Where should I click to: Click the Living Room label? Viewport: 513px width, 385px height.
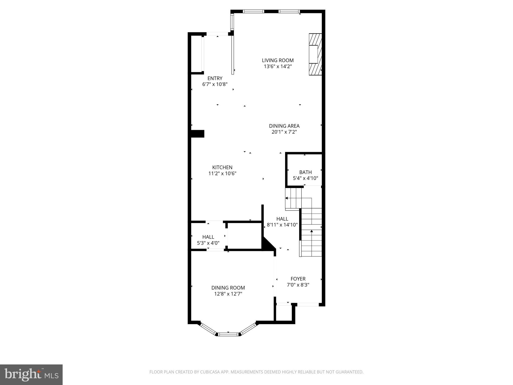pyautogui.click(x=278, y=60)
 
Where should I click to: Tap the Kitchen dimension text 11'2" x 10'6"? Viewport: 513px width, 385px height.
pyautogui.click(x=222, y=173)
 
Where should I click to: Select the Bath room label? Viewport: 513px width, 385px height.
pyautogui.click(x=305, y=172)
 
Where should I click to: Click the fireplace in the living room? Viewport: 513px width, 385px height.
pyautogui.click(x=315, y=54)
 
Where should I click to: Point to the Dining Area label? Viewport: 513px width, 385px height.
pyautogui.click(x=284, y=126)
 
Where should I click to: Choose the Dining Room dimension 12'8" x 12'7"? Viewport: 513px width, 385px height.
pyautogui.click(x=228, y=294)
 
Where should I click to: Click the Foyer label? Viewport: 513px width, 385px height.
pyautogui.click(x=298, y=279)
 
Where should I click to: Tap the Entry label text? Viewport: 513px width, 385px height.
pyautogui.click(x=215, y=78)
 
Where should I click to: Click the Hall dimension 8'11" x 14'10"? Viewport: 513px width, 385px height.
pyautogui.click(x=282, y=225)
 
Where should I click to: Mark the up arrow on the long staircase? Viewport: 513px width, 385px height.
pyautogui.click(x=312, y=231)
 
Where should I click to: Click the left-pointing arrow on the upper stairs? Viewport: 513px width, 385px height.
pyautogui.click(x=287, y=198)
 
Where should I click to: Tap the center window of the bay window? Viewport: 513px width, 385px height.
pyautogui.click(x=228, y=334)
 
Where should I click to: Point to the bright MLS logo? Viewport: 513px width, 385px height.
pyautogui.click(x=31, y=375)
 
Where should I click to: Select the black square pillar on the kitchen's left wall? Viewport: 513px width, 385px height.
pyautogui.click(x=198, y=134)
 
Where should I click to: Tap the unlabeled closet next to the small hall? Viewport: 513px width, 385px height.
pyautogui.click(x=244, y=236)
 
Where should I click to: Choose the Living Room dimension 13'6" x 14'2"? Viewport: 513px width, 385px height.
pyautogui.click(x=278, y=66)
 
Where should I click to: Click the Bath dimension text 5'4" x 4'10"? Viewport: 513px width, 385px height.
pyautogui.click(x=305, y=178)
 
